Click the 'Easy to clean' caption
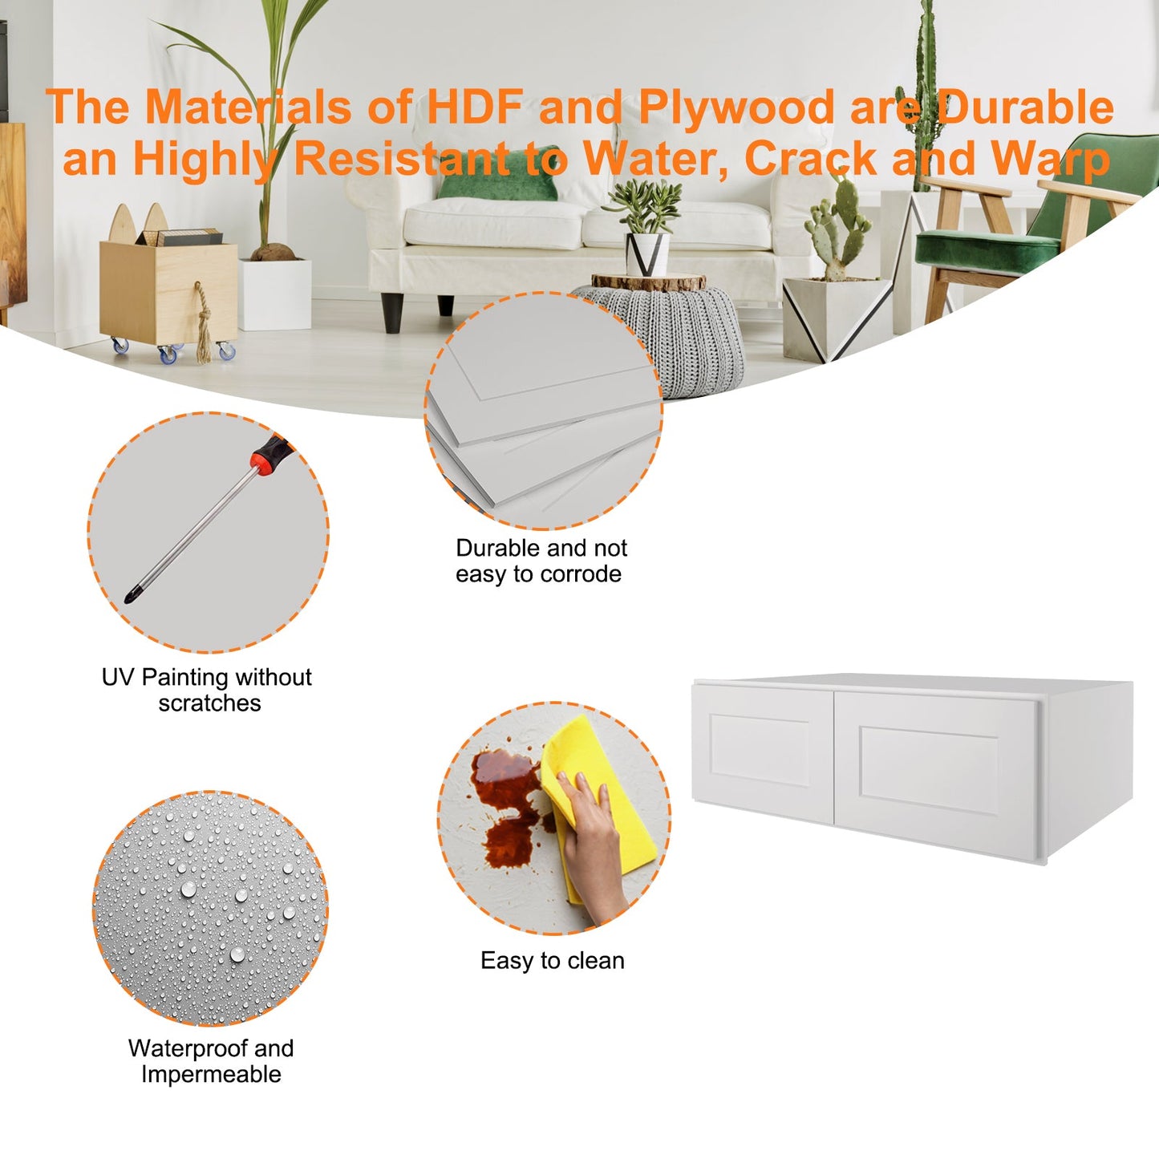[x=552, y=961]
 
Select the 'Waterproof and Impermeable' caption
[x=211, y=1062]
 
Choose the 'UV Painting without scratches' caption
[x=207, y=690]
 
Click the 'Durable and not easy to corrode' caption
[x=541, y=561]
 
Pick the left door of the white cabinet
[x=763, y=754]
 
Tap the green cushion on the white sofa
[x=496, y=174]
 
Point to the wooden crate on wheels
[x=168, y=291]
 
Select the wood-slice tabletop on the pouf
[x=648, y=281]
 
